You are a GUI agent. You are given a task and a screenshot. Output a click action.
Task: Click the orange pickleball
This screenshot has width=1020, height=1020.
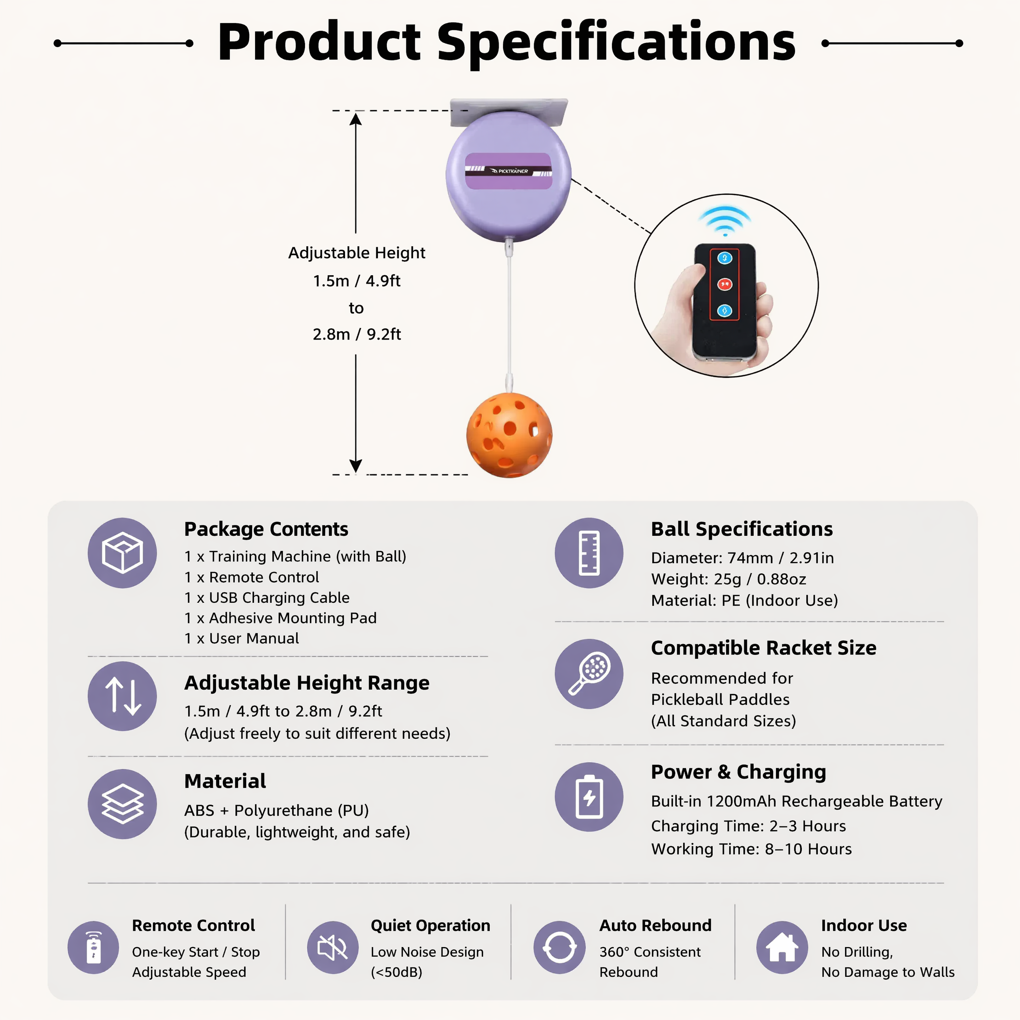click(509, 435)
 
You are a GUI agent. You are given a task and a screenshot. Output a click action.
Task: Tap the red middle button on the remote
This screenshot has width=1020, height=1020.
click(724, 284)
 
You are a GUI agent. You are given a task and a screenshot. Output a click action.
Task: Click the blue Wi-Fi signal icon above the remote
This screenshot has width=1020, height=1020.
click(725, 221)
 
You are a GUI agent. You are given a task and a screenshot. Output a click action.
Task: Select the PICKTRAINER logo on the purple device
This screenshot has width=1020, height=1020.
click(509, 171)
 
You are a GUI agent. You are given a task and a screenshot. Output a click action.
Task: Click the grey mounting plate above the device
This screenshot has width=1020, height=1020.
click(509, 112)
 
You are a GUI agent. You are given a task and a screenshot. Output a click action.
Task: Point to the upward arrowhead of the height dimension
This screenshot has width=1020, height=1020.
click(356, 119)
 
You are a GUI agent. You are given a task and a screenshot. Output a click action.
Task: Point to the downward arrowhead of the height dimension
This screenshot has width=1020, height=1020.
click(356, 465)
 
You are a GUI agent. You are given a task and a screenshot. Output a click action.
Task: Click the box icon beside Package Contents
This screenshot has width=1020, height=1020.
click(122, 553)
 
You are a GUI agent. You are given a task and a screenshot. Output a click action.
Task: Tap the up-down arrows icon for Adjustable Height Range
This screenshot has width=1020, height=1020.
click(122, 696)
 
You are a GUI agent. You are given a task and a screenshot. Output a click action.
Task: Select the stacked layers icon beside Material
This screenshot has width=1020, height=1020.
click(122, 804)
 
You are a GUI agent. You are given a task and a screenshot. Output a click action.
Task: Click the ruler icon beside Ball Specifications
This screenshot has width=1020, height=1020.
click(589, 553)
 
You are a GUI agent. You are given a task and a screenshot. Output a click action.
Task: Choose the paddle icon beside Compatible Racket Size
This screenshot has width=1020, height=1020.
click(589, 674)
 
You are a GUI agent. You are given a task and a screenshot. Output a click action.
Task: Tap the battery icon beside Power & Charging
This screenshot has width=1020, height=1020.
click(589, 797)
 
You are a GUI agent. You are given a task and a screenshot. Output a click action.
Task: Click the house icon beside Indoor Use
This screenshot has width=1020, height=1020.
click(782, 947)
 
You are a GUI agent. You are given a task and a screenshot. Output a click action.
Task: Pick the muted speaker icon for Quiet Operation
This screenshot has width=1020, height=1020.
click(333, 947)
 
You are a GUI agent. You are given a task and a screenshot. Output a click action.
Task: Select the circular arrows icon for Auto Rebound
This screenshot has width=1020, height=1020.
click(559, 947)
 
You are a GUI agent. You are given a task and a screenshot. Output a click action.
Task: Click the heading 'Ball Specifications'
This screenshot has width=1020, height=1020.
click(742, 529)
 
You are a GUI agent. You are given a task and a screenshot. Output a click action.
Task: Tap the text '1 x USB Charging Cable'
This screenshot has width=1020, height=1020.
click(267, 597)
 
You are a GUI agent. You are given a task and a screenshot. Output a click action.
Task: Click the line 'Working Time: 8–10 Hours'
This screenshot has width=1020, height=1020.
click(751, 849)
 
